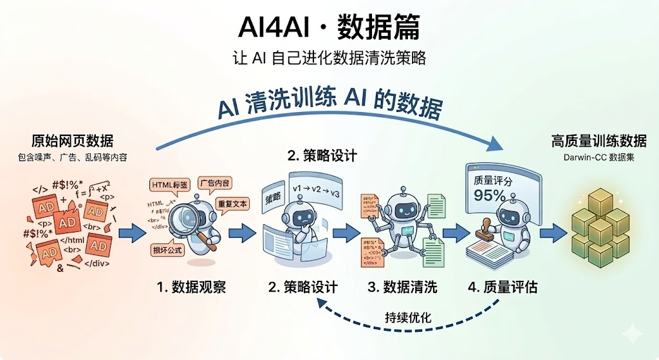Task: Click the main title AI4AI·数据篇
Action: pos(329,27)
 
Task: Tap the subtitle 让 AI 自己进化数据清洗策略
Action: pos(329,58)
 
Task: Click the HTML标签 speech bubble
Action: pos(171,185)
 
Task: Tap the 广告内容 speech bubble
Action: pos(216,182)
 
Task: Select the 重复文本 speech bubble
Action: pos(233,204)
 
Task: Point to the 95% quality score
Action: pos(490,194)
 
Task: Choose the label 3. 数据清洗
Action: pos(402,287)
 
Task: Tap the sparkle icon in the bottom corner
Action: pos(633,334)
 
